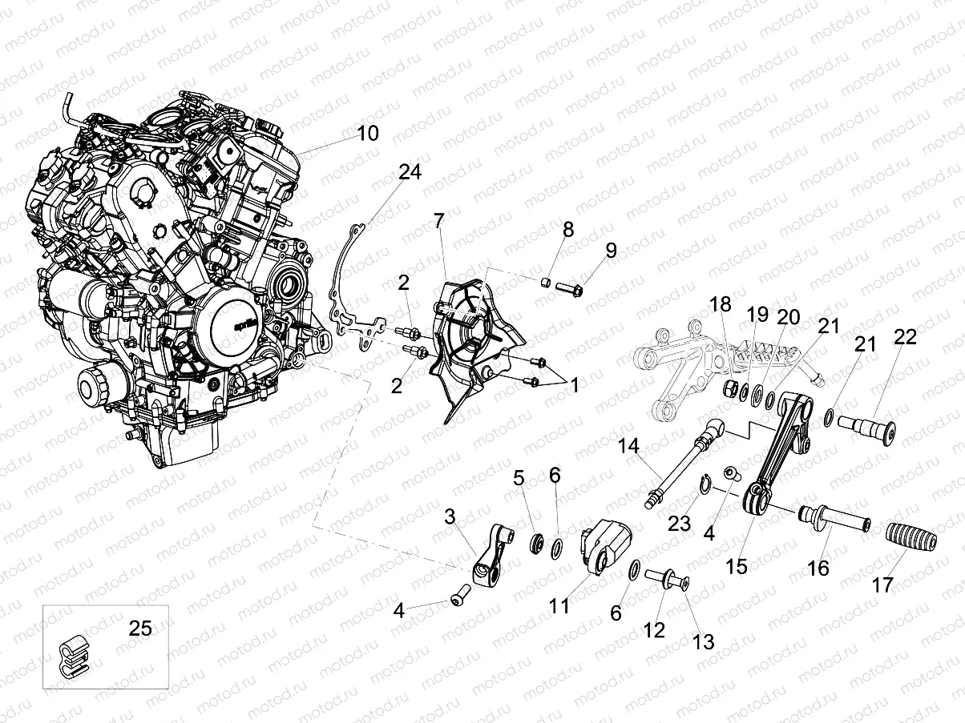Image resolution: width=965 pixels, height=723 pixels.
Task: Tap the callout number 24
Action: (x=410, y=173)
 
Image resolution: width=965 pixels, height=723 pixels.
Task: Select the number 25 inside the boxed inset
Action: (x=140, y=629)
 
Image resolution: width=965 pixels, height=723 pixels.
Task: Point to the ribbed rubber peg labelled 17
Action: (x=907, y=537)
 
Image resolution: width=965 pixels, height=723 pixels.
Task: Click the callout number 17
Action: (x=882, y=585)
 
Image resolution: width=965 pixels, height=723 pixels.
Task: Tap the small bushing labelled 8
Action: (x=544, y=282)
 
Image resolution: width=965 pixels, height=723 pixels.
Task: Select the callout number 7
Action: (x=438, y=222)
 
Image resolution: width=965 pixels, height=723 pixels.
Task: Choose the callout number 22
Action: (x=905, y=337)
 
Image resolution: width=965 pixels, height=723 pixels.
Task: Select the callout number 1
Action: (x=574, y=385)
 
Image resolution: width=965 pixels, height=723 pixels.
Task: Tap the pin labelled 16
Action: (x=834, y=519)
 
